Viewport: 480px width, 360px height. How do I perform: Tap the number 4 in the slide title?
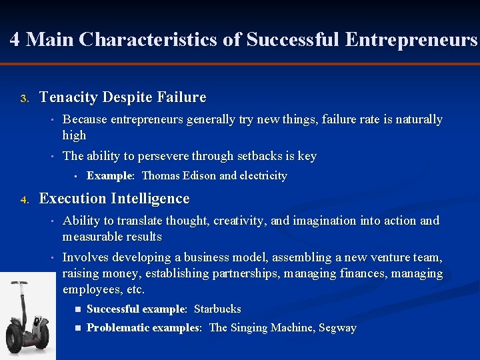(x=15, y=40)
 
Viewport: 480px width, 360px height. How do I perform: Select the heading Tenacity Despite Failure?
(x=123, y=97)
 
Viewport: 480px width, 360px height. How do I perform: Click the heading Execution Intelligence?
(x=115, y=199)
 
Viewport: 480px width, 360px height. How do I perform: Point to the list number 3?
(x=24, y=99)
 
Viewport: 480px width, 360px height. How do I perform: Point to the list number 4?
(x=24, y=200)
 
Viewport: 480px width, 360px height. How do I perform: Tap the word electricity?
(x=263, y=176)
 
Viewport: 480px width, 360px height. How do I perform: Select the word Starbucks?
(x=217, y=309)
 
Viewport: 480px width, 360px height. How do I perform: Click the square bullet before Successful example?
(x=78, y=309)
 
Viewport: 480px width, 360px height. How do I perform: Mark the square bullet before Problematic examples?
(x=78, y=328)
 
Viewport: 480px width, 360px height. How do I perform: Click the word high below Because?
(x=74, y=135)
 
